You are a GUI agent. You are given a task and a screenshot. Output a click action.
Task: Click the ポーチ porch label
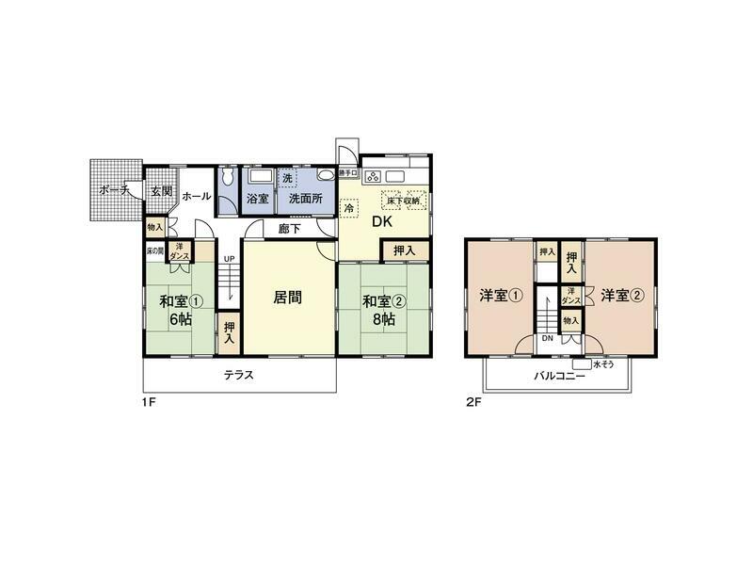coord(114,190)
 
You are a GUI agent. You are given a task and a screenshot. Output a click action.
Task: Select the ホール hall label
coord(196,196)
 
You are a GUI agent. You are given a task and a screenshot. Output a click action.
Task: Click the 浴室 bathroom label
coord(257,200)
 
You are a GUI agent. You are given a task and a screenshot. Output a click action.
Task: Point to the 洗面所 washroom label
coord(305,200)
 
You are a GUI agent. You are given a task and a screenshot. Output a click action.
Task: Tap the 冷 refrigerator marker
coord(349,211)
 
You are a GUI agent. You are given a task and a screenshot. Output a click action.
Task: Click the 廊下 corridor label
coord(289,229)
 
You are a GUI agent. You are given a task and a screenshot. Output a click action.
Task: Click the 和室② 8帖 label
coord(384,310)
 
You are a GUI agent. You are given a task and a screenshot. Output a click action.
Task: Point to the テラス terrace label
coord(238,375)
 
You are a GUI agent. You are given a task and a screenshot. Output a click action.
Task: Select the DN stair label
coord(548,339)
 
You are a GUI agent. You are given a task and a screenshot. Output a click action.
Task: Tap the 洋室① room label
coord(501,295)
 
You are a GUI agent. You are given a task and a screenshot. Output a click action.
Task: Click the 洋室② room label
coord(622,295)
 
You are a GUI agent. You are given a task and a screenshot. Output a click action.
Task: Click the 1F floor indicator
coord(150,402)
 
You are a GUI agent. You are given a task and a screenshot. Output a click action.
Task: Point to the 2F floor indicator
coord(473,402)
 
